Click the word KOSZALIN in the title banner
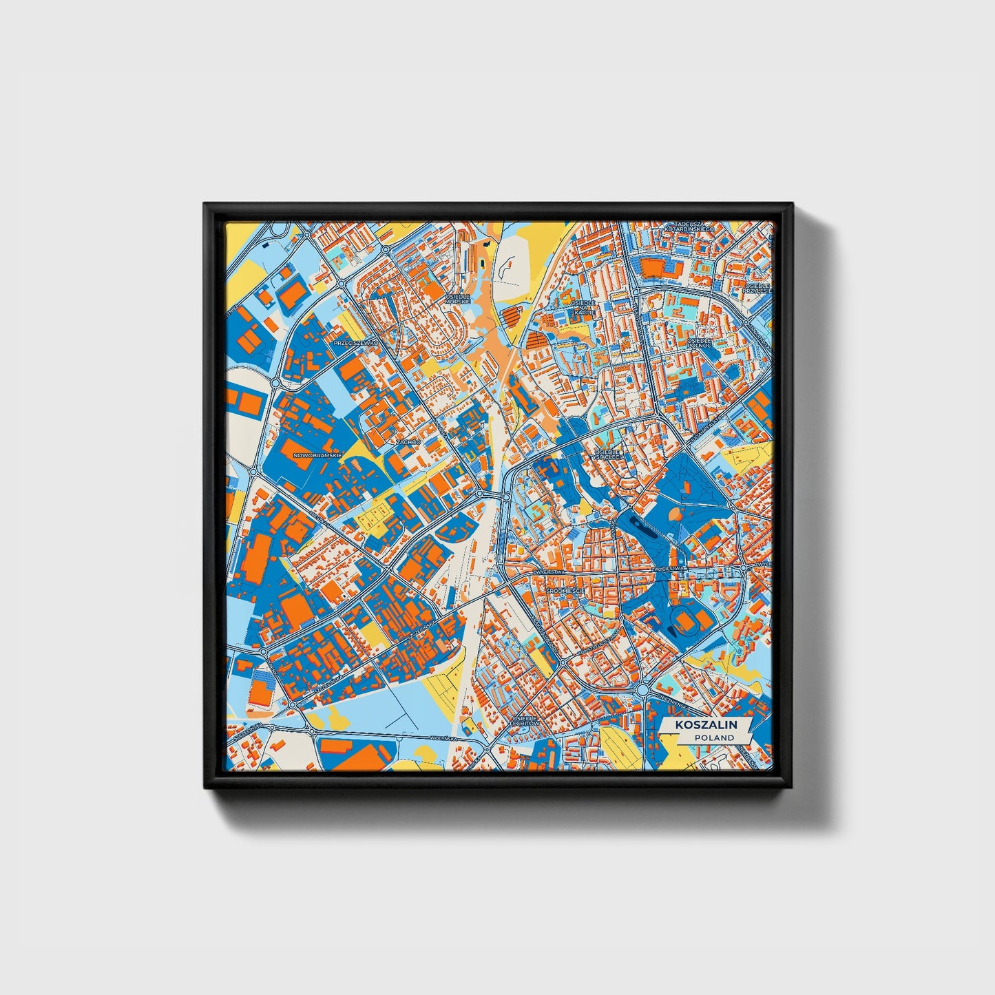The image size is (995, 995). (x=706, y=725)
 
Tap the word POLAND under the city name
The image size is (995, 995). (x=713, y=737)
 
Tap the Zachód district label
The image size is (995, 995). (x=408, y=442)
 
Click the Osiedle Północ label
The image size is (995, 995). (x=699, y=343)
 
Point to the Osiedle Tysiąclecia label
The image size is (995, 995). (x=609, y=454)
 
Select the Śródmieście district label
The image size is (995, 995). (x=565, y=591)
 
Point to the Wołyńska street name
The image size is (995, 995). (x=443, y=738)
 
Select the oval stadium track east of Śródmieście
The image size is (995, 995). (x=686, y=621)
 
